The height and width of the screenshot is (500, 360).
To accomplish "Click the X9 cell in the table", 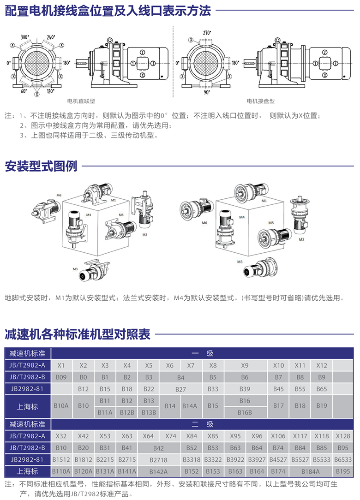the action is click(x=245, y=365).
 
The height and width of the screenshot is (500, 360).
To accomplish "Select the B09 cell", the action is click(x=61, y=377).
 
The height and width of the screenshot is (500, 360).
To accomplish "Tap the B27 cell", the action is click(x=180, y=389).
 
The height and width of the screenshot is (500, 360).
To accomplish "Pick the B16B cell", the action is click(x=245, y=412).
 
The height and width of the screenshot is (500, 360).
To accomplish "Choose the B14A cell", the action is click(x=190, y=406).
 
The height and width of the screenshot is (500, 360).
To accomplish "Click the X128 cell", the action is click(x=343, y=436).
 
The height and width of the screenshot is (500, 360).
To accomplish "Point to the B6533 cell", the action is click(x=343, y=459).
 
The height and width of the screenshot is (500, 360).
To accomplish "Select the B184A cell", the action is click(x=311, y=471).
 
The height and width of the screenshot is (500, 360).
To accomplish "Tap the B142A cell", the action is click(x=159, y=471).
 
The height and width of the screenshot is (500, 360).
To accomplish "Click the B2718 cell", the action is click(x=159, y=459).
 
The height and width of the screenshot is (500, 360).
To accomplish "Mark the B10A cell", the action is click(x=61, y=406).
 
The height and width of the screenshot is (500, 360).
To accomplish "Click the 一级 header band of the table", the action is click(x=202, y=353).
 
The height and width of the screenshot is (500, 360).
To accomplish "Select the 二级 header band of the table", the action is click(x=202, y=424).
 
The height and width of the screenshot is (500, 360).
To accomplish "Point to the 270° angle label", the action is click(x=207, y=33).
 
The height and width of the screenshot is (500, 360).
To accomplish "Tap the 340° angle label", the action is click(x=25, y=37).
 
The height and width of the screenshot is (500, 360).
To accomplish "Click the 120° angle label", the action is click(x=51, y=91).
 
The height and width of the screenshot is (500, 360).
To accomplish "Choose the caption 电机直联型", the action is click(x=81, y=101).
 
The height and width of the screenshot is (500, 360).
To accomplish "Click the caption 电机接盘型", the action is click(x=260, y=101).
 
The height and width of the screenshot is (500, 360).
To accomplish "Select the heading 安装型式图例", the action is click(x=41, y=166).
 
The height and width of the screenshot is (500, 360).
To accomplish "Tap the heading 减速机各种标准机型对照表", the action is click(x=78, y=334).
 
